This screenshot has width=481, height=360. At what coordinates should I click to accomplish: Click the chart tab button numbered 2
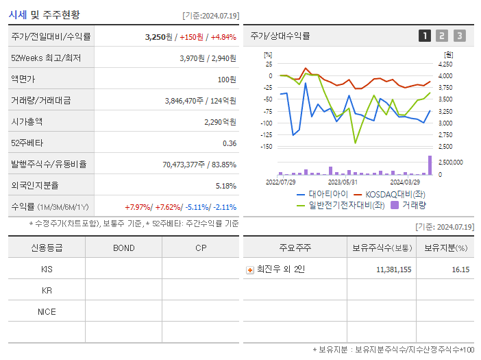click(x=442, y=36)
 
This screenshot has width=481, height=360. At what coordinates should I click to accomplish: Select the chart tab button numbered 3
click(x=459, y=36)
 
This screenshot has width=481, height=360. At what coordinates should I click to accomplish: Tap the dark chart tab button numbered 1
click(x=425, y=36)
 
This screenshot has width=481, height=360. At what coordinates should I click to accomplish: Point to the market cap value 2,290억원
click(x=220, y=122)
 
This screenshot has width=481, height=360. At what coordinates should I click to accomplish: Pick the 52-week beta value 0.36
click(x=230, y=143)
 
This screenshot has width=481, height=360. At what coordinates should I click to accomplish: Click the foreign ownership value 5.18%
click(x=225, y=186)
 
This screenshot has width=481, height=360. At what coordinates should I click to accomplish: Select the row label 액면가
click(x=24, y=80)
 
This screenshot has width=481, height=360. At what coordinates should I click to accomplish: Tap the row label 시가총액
click(x=27, y=122)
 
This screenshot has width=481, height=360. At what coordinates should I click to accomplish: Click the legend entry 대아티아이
click(x=319, y=194)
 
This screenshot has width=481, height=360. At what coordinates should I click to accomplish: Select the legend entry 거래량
click(x=414, y=204)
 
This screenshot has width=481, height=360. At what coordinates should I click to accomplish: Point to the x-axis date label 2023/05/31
click(x=343, y=182)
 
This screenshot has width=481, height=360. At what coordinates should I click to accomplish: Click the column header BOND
click(x=123, y=248)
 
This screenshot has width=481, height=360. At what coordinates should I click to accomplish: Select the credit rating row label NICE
click(x=47, y=312)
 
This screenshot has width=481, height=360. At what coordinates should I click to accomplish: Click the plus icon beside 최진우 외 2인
click(x=250, y=269)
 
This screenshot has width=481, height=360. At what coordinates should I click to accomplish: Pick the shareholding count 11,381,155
click(x=393, y=269)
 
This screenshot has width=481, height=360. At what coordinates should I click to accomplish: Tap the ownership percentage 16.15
click(x=460, y=269)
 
